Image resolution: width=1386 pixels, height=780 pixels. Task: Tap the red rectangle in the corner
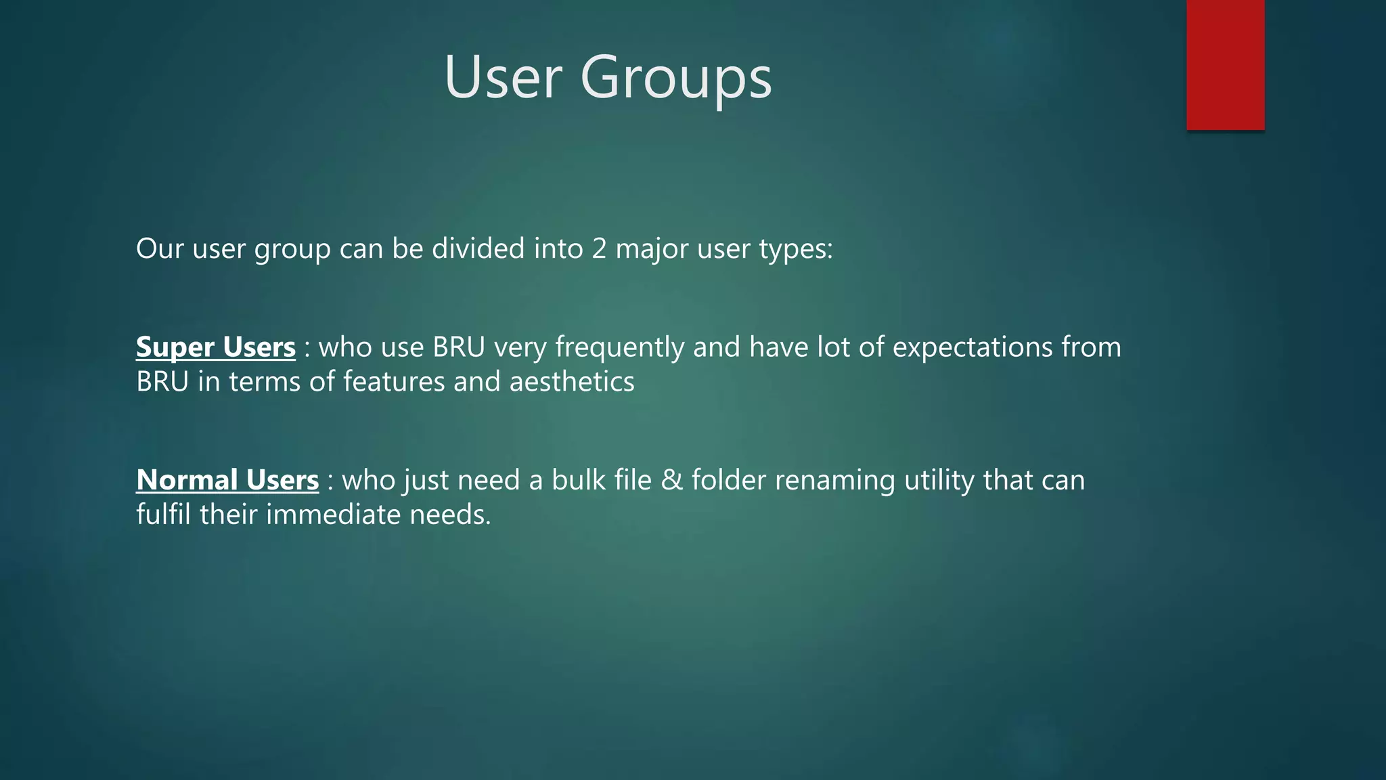(1225, 64)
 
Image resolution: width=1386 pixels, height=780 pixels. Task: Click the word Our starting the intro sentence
(160, 248)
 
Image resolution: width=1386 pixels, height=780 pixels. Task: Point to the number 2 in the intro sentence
(599, 248)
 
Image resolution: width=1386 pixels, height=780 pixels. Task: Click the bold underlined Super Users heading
(216, 347)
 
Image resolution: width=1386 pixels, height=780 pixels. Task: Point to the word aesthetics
(572, 381)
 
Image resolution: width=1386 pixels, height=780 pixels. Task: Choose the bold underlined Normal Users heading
(227, 480)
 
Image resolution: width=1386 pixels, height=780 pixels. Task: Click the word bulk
(578, 480)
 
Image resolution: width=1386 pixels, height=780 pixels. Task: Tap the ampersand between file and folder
(671, 480)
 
